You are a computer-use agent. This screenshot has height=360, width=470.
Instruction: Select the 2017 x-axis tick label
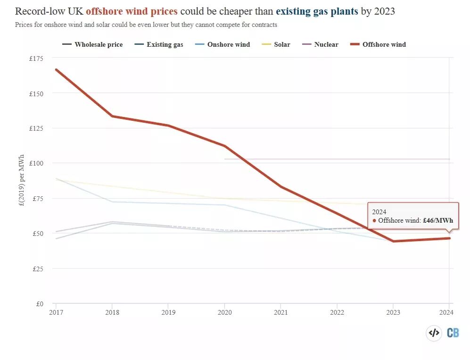(x=56, y=312)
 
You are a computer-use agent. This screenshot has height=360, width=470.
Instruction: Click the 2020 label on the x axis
(x=224, y=312)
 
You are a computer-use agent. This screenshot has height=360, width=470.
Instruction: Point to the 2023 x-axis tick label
(x=393, y=312)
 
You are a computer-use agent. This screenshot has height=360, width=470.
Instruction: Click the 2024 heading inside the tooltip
(x=379, y=212)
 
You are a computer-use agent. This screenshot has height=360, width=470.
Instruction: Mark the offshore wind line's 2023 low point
(x=393, y=241)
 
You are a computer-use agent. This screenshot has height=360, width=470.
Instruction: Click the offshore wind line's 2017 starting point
(x=56, y=69)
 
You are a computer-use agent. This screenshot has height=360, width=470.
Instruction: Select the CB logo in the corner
(x=453, y=333)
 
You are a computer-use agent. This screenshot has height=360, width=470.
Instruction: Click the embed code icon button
(x=434, y=333)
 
